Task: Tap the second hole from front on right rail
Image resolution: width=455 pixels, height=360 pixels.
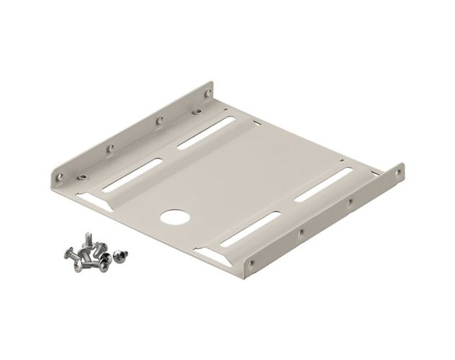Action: point(299,233)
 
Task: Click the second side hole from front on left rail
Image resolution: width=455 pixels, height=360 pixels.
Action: point(109,148)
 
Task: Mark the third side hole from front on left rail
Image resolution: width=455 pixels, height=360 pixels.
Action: point(160,119)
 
